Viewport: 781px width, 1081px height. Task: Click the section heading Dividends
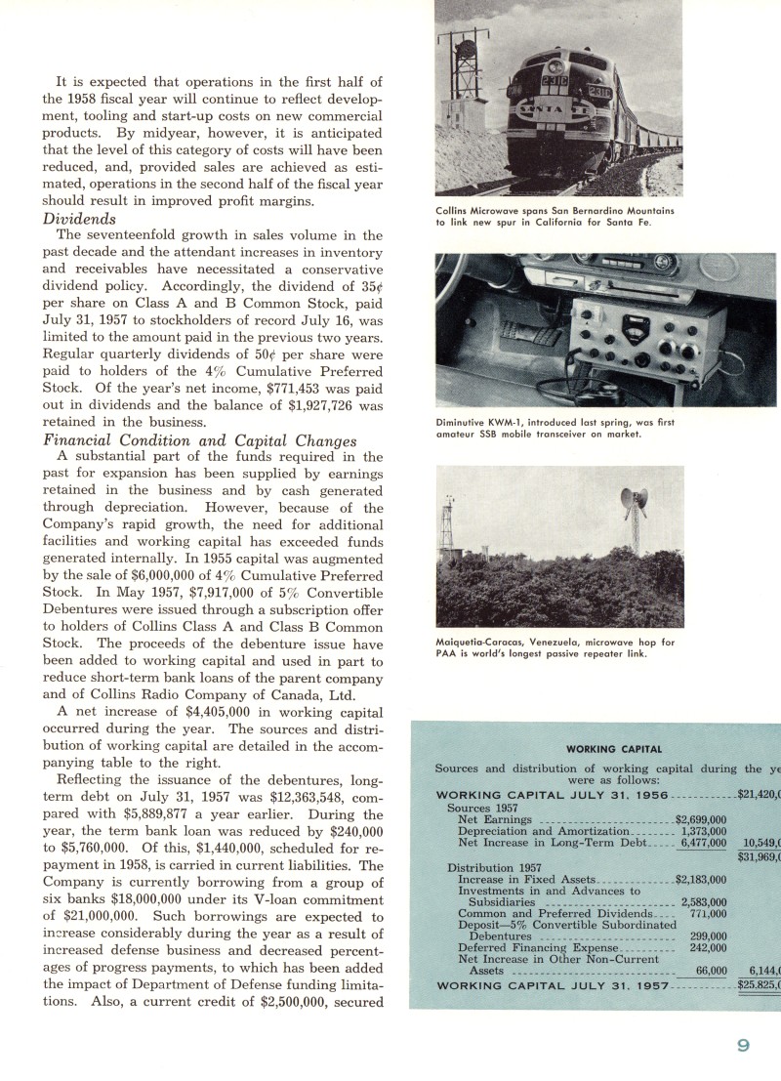click(x=79, y=219)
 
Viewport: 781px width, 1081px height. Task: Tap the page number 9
click(x=744, y=1045)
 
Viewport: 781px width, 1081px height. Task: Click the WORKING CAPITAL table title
click(x=606, y=749)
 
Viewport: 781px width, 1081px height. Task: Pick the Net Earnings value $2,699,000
click(x=701, y=819)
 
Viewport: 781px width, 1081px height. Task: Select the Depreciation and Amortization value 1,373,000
click(x=704, y=831)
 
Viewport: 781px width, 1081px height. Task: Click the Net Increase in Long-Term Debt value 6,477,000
click(x=704, y=843)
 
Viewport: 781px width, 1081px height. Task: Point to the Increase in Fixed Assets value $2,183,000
click(x=701, y=879)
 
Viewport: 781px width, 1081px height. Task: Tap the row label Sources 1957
click(x=483, y=808)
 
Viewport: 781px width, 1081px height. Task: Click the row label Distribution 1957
click(x=495, y=867)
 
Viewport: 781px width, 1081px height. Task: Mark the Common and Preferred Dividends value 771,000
click(x=708, y=913)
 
